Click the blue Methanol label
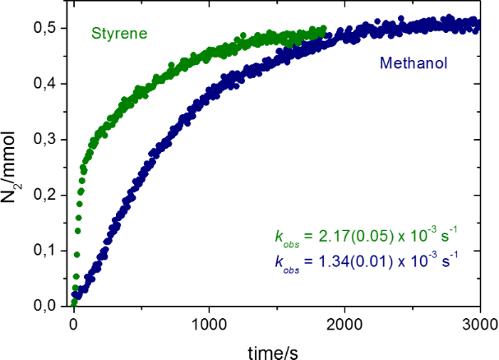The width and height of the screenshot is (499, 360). coord(413,62)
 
